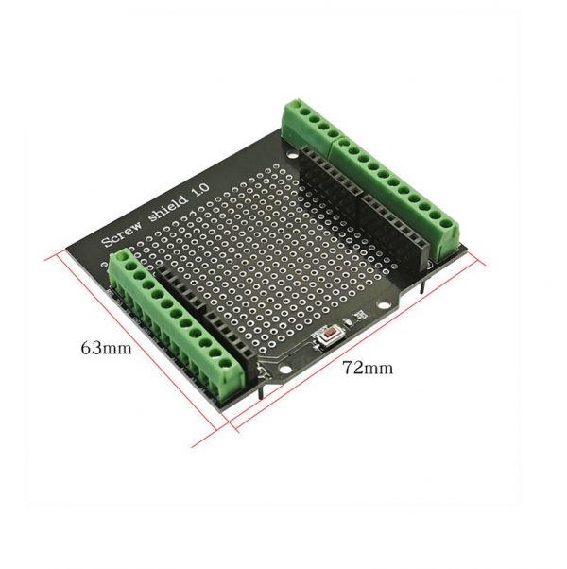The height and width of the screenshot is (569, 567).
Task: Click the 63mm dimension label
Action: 105,347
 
